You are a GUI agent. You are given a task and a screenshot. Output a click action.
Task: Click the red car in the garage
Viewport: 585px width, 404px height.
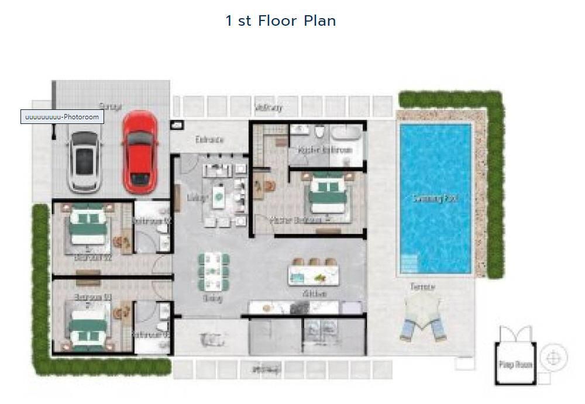pos(139,151)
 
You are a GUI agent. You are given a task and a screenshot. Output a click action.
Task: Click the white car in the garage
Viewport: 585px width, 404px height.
pos(84,161)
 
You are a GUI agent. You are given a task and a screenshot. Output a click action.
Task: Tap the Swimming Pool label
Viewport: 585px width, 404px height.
pos(435,199)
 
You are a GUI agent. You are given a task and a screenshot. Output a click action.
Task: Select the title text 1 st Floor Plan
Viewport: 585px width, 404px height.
pos(281,21)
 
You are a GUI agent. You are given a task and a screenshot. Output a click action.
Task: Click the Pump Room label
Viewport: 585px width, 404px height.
pos(515,365)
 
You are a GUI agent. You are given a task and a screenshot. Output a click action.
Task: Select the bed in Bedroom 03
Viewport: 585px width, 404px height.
pos(88,328)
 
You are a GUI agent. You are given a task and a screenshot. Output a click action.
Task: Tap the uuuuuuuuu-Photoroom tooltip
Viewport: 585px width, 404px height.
pos(62,117)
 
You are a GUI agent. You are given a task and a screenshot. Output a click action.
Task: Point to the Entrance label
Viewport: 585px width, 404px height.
pos(209,140)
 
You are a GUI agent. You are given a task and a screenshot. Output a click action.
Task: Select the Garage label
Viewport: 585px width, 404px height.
pos(110,106)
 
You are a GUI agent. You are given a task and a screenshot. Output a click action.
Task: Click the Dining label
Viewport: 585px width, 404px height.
pos(212,298)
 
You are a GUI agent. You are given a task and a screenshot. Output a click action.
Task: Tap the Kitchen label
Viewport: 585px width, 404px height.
pos(314,294)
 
